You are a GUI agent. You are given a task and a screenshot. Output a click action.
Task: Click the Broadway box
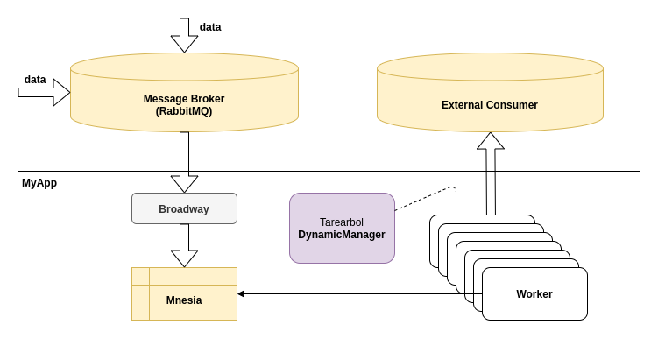184,208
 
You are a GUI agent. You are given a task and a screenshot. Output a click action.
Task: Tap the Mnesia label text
184,300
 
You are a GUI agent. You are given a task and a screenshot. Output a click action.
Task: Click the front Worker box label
534,294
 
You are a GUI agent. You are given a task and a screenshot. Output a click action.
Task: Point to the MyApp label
39,183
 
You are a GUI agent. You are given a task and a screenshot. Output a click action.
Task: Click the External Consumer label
490,105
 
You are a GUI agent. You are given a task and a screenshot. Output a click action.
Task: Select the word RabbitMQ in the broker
184,112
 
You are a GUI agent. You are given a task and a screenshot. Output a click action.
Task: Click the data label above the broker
210,27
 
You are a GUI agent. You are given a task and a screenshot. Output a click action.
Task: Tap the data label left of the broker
35,80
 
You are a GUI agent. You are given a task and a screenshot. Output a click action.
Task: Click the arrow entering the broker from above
184,35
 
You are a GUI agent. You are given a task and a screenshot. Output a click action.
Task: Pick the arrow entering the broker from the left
44,92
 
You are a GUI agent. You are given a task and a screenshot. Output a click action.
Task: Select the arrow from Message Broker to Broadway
184,162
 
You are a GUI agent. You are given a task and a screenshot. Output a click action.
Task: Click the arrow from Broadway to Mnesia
184,245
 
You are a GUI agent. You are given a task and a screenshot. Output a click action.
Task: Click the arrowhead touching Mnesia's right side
242,293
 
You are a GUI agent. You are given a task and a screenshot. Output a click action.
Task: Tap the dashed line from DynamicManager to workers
425,198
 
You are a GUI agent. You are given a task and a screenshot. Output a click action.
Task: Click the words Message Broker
184,99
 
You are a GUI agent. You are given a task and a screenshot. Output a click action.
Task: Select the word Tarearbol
342,222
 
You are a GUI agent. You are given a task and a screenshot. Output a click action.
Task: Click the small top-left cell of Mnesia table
140,276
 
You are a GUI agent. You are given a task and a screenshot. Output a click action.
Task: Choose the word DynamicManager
342,235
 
